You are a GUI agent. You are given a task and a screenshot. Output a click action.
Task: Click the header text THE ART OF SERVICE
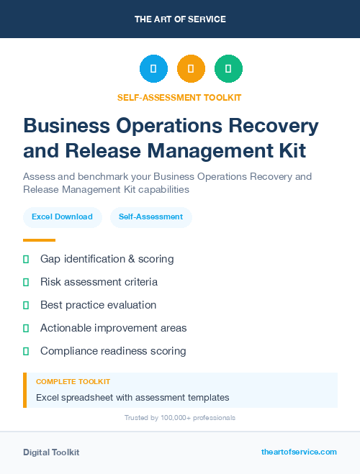[x=180, y=19]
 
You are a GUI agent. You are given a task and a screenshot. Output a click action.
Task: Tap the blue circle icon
[x=153, y=69]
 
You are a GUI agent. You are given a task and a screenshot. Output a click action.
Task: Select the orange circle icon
[x=191, y=69]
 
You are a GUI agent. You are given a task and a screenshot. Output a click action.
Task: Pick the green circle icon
[x=228, y=69]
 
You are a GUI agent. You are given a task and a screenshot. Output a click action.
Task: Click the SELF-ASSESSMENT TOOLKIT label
[x=180, y=98]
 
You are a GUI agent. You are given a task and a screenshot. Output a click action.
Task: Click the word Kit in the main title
[x=290, y=151]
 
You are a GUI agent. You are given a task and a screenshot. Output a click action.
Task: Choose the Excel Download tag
[x=62, y=217]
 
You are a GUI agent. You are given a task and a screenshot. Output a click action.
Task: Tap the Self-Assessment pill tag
[x=150, y=217]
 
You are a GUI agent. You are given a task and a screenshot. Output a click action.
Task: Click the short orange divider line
[x=39, y=240]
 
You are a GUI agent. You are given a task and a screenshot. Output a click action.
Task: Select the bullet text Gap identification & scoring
[x=107, y=258]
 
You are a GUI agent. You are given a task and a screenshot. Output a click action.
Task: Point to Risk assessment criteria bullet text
[x=99, y=282]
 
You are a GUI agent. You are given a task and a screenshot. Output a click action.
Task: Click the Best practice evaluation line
[x=98, y=305]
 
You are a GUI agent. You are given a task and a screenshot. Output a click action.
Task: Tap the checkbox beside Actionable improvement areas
[x=26, y=328]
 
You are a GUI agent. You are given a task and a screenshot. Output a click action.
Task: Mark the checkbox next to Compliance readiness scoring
[x=26, y=351]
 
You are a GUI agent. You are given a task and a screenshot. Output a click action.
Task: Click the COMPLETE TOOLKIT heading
[x=73, y=382]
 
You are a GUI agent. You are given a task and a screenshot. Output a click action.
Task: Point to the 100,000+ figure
[x=173, y=418]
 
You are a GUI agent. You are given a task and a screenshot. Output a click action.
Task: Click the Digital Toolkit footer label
[x=51, y=452]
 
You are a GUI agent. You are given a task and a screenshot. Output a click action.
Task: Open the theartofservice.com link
[x=299, y=452]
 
